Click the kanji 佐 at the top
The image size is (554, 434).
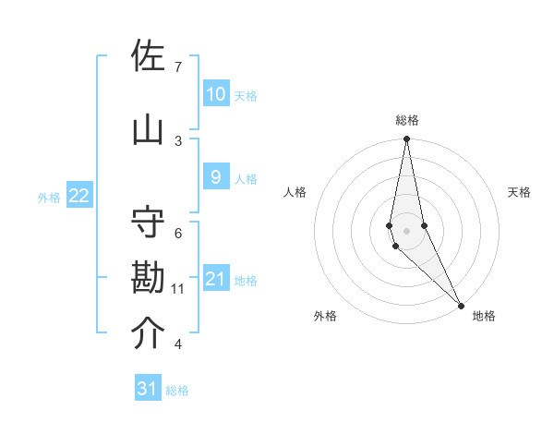click(149, 57)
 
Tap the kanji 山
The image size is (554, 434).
click(149, 130)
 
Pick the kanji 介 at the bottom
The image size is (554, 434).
click(149, 334)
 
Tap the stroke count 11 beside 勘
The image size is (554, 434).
click(178, 289)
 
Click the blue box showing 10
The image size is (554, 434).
click(215, 94)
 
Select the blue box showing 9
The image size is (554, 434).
click(215, 177)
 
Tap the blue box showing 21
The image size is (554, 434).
click(215, 279)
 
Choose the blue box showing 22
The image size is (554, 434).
click(79, 196)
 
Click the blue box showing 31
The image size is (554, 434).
click(148, 389)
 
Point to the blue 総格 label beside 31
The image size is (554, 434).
click(177, 391)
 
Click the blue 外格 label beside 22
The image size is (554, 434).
click(49, 197)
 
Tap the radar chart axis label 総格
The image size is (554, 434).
click(407, 120)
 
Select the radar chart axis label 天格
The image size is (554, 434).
click(519, 192)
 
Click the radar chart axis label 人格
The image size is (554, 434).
click(295, 192)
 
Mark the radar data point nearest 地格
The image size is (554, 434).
click(461, 304)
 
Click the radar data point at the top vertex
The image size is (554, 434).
click(406, 139)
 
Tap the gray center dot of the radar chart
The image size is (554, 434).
click(406, 230)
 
